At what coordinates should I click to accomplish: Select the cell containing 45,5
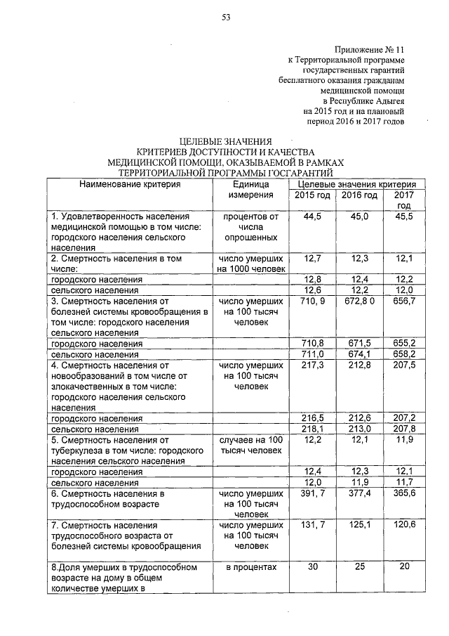tap(405, 217)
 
